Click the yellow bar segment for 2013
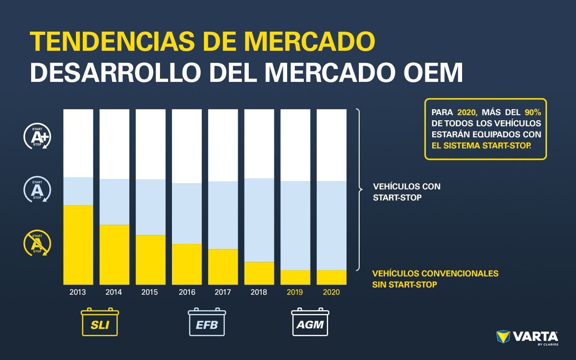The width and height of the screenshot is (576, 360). tap(78, 245)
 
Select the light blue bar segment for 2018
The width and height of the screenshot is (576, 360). tap(259, 220)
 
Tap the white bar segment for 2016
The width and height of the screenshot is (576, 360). tap(187, 146)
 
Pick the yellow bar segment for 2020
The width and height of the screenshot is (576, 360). tap(332, 277)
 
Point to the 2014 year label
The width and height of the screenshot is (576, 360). tap(113, 292)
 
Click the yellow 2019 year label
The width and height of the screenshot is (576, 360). tap(295, 292)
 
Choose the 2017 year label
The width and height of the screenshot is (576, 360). tap(223, 292)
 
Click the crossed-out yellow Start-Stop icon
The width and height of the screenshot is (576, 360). tap(37, 244)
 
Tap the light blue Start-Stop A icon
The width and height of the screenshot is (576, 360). tap(37, 189)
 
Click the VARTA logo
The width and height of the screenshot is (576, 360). tap(527, 337)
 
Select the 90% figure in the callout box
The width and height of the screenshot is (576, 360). tap(532, 113)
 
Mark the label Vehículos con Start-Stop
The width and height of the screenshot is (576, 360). tap(406, 192)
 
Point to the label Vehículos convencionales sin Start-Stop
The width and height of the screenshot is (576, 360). tap(435, 279)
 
